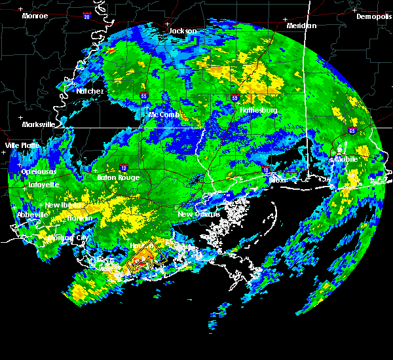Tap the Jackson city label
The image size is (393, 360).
coord(183,31)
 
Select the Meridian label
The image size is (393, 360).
coord(301,26)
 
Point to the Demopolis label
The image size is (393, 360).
coord(374,16)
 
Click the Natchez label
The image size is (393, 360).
coord(90,91)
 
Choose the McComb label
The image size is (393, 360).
coord(163,115)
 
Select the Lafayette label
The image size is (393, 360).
coord(43,185)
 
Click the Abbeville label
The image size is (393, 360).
coord(31,215)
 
